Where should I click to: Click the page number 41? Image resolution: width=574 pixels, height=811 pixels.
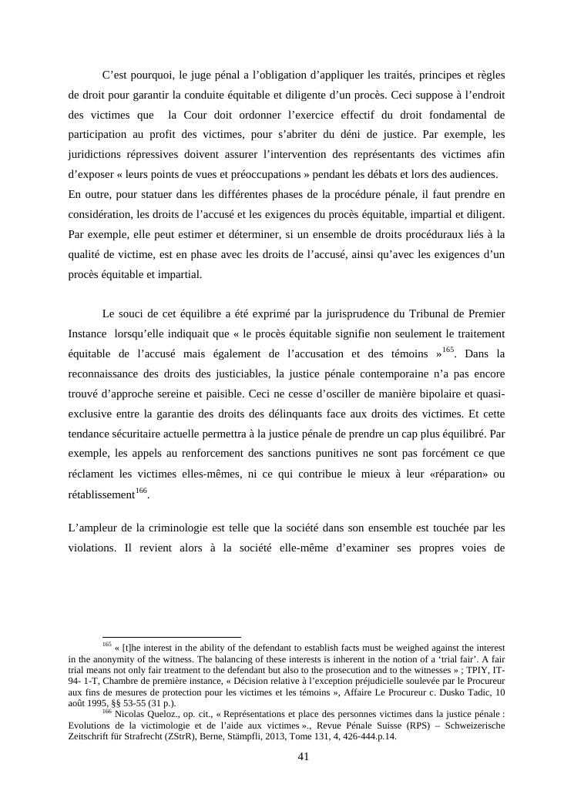point(303,756)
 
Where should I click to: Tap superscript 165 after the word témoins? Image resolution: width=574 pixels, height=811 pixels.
point(448,350)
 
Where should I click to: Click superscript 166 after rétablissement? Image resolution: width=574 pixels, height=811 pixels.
point(141,490)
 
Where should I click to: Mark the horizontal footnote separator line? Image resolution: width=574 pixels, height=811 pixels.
point(172,637)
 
